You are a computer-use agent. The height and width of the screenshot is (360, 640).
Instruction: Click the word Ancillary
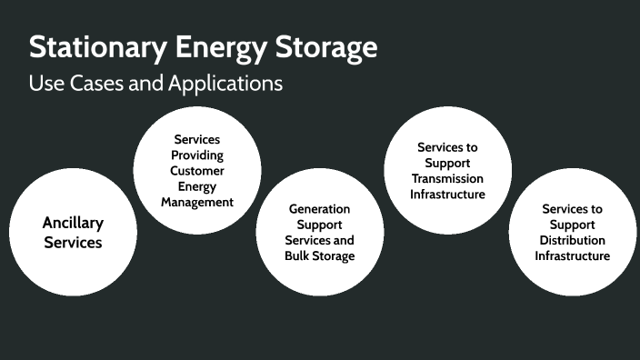pyautogui.click(x=73, y=223)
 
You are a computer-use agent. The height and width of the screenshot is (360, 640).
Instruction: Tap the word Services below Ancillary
pyautogui.click(x=73, y=243)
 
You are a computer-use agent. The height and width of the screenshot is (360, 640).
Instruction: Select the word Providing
pyautogui.click(x=197, y=155)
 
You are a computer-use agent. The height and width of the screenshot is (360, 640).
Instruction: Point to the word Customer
pyautogui.click(x=197, y=171)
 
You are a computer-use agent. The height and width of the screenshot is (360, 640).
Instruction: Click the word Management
pyautogui.click(x=197, y=202)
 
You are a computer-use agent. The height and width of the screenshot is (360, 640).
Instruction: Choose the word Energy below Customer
pyautogui.click(x=197, y=186)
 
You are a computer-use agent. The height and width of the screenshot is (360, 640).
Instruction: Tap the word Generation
pyautogui.click(x=319, y=209)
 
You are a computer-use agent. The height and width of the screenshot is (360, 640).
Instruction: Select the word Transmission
pyautogui.click(x=446, y=178)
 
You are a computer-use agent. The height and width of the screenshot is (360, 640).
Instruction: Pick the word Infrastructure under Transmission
pyautogui.click(x=446, y=194)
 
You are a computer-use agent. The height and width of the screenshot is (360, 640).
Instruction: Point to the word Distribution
pyautogui.click(x=572, y=240)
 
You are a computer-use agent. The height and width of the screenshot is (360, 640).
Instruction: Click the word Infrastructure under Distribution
pyautogui.click(x=572, y=255)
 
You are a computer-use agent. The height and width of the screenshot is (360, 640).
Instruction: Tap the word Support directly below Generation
pyautogui.click(x=319, y=225)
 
